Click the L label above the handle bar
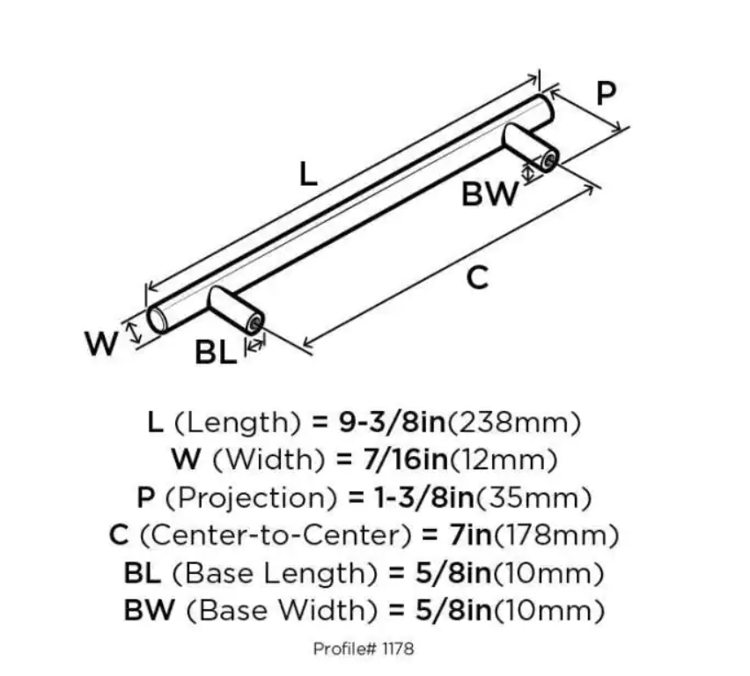[x=306, y=173]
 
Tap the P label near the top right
[x=606, y=94]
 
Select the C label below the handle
[x=476, y=278]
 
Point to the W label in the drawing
[x=102, y=343]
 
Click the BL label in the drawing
[x=216, y=353]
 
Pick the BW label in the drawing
[x=489, y=194]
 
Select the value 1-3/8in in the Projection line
[x=413, y=497]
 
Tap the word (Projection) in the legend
[x=247, y=497]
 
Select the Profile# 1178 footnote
[x=363, y=650]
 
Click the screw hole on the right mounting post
[x=548, y=161]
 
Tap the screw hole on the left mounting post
[x=254, y=326]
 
